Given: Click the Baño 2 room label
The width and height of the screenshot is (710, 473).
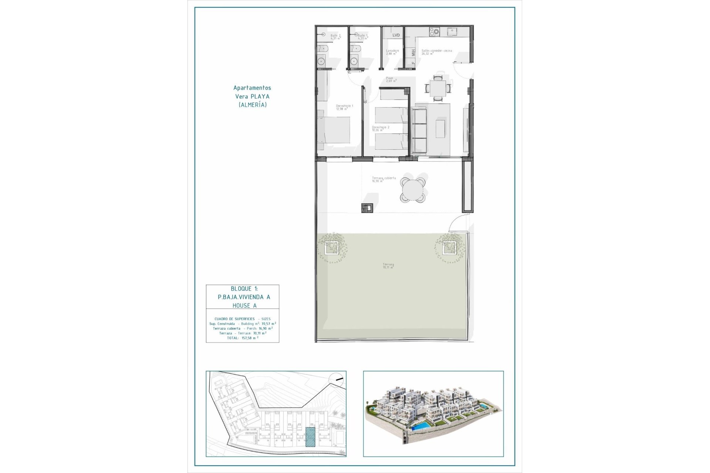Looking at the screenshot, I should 334,35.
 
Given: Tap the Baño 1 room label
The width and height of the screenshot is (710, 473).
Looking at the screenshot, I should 362,35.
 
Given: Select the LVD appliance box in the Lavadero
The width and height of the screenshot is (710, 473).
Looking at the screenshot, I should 396,35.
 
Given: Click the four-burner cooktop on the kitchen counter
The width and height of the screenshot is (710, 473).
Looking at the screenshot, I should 434,32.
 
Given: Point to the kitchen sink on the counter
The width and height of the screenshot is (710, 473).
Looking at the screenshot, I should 452,32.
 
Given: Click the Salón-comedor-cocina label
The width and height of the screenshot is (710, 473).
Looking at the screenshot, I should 437,51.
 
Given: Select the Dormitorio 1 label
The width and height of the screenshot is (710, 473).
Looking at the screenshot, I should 344,106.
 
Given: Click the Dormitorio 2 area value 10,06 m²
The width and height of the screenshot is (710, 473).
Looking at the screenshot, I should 378,130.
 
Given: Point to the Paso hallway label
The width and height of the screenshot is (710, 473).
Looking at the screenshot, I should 390,78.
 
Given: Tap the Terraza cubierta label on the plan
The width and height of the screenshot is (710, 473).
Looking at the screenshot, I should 384,178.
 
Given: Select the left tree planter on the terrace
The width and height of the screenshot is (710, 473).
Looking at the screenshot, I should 332,248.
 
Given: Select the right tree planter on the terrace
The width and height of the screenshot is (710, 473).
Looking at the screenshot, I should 449,248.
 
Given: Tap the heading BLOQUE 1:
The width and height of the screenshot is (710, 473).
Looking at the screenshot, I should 244,289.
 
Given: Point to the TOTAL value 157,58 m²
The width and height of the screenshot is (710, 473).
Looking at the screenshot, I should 250,338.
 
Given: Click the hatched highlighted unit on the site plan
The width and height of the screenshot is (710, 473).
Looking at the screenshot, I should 310,437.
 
